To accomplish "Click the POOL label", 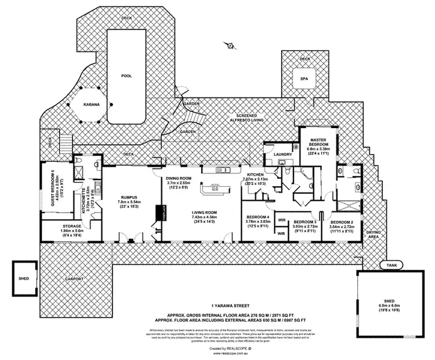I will point(126,76).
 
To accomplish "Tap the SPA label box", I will point(304,79).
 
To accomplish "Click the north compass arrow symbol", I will point(230,45).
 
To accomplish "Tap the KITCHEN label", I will point(256,174).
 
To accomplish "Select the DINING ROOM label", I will point(179,179).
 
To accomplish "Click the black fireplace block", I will point(158,213).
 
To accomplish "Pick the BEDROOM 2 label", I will point(341,222).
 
